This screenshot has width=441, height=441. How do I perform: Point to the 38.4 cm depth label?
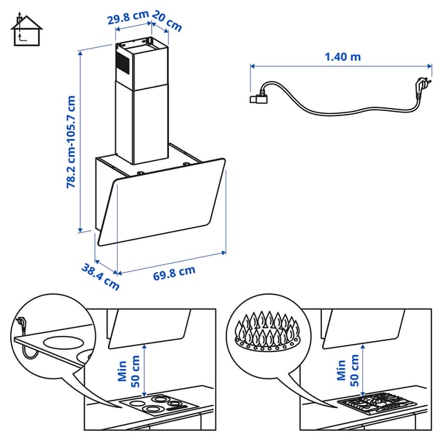pos(100,276)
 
